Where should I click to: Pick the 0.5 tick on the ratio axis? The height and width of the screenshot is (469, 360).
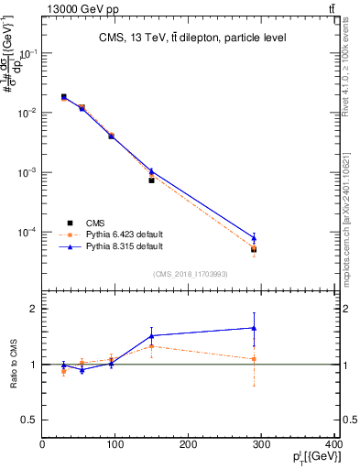click(30, 420)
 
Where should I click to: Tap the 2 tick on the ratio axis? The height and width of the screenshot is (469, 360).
click(34, 309)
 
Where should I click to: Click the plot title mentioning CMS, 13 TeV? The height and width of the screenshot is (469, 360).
click(192, 38)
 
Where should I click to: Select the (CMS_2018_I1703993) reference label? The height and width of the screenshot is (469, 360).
click(189, 275)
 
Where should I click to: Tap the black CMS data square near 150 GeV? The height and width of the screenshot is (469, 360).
click(152, 180)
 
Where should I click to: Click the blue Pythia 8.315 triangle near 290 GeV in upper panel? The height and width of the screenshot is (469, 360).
click(254, 237)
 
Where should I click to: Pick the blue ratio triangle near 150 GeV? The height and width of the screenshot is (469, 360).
click(152, 335)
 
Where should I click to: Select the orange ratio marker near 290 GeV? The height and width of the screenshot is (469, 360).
click(254, 358)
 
